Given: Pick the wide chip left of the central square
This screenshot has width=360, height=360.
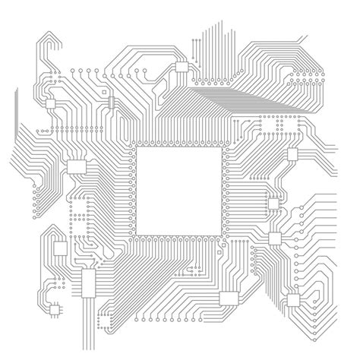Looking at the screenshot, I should click(x=77, y=168).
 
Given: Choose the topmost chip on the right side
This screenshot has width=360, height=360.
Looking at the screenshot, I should click(x=292, y=156).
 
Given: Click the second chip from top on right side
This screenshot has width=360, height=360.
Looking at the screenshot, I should click(x=275, y=202).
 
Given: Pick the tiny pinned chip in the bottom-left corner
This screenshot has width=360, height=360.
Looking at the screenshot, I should click(x=54, y=308).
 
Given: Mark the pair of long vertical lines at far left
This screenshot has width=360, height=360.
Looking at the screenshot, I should click(x=14, y=114).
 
